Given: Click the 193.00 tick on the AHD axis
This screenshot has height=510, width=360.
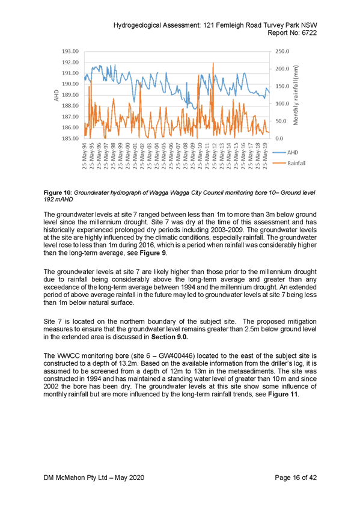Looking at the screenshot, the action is (x=70, y=51).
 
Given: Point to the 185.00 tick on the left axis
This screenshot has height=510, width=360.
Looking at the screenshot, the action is (x=70, y=138).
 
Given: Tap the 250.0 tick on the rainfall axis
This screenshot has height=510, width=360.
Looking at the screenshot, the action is (x=282, y=51).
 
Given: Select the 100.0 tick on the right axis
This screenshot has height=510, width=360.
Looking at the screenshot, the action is (x=282, y=103).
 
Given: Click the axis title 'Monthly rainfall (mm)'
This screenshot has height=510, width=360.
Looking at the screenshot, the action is (x=296, y=95).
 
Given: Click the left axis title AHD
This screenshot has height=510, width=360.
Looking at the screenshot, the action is (x=56, y=95).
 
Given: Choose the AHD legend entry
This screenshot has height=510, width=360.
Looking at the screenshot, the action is (x=285, y=152).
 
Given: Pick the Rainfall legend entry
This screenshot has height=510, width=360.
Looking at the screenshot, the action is (x=289, y=163).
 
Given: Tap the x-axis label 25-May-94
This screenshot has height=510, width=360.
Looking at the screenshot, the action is (x=85, y=156).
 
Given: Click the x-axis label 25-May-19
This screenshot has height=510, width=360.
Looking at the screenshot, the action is (x=266, y=156).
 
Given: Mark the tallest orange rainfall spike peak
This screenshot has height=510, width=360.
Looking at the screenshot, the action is (x=213, y=63).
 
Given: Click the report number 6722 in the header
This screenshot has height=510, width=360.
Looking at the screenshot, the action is (x=309, y=33).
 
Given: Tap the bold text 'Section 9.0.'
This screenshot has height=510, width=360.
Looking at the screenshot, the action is (x=169, y=337).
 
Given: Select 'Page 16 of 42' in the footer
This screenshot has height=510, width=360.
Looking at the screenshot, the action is (x=296, y=478).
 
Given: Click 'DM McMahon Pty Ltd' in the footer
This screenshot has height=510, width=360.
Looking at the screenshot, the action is (x=75, y=478).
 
